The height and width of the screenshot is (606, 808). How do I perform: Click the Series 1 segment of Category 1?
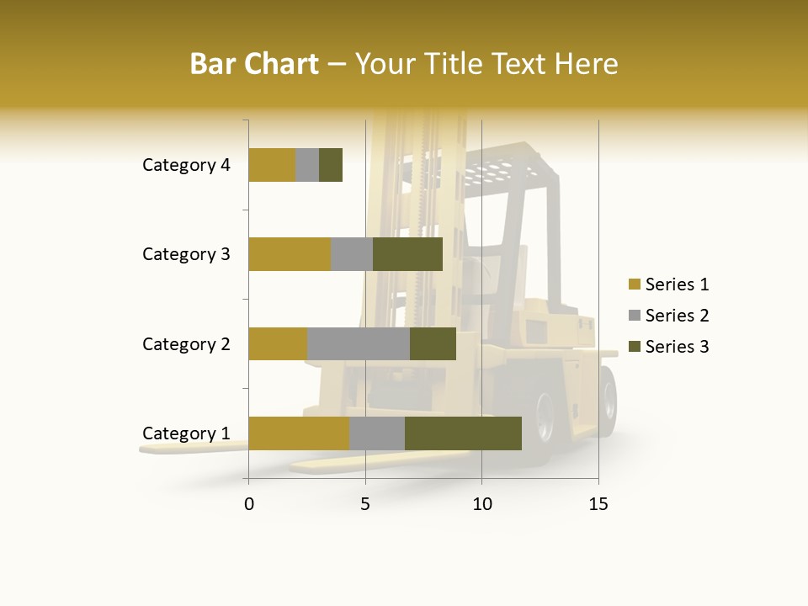click(299, 433)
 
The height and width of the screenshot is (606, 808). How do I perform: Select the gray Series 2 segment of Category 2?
click(359, 343)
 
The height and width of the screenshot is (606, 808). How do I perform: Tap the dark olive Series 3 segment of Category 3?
click(407, 254)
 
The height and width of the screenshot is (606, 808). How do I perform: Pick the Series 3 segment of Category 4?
click(331, 165)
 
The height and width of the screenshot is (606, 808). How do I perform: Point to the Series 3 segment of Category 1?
click(463, 433)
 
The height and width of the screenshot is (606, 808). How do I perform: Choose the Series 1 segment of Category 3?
click(290, 254)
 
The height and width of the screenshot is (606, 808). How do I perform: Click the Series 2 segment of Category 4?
click(307, 165)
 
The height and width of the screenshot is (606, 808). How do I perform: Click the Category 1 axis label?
click(186, 433)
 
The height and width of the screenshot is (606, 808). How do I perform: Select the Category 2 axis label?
click(186, 343)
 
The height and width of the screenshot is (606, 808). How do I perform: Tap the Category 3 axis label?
click(186, 254)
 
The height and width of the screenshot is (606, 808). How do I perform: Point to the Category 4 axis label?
click(186, 165)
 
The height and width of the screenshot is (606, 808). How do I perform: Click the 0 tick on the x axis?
click(249, 504)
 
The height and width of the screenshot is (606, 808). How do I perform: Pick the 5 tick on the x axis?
click(365, 504)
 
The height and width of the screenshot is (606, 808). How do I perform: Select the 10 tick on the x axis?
click(481, 504)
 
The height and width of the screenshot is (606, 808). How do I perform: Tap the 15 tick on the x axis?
click(598, 504)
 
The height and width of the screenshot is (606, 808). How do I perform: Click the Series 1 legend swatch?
click(634, 284)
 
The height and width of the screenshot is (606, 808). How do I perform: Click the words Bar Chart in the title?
click(253, 64)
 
